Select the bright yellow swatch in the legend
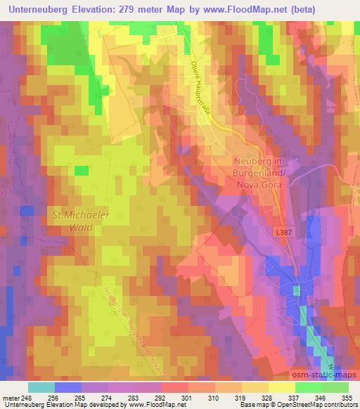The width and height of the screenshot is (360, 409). pyautogui.click(x=281, y=387)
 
